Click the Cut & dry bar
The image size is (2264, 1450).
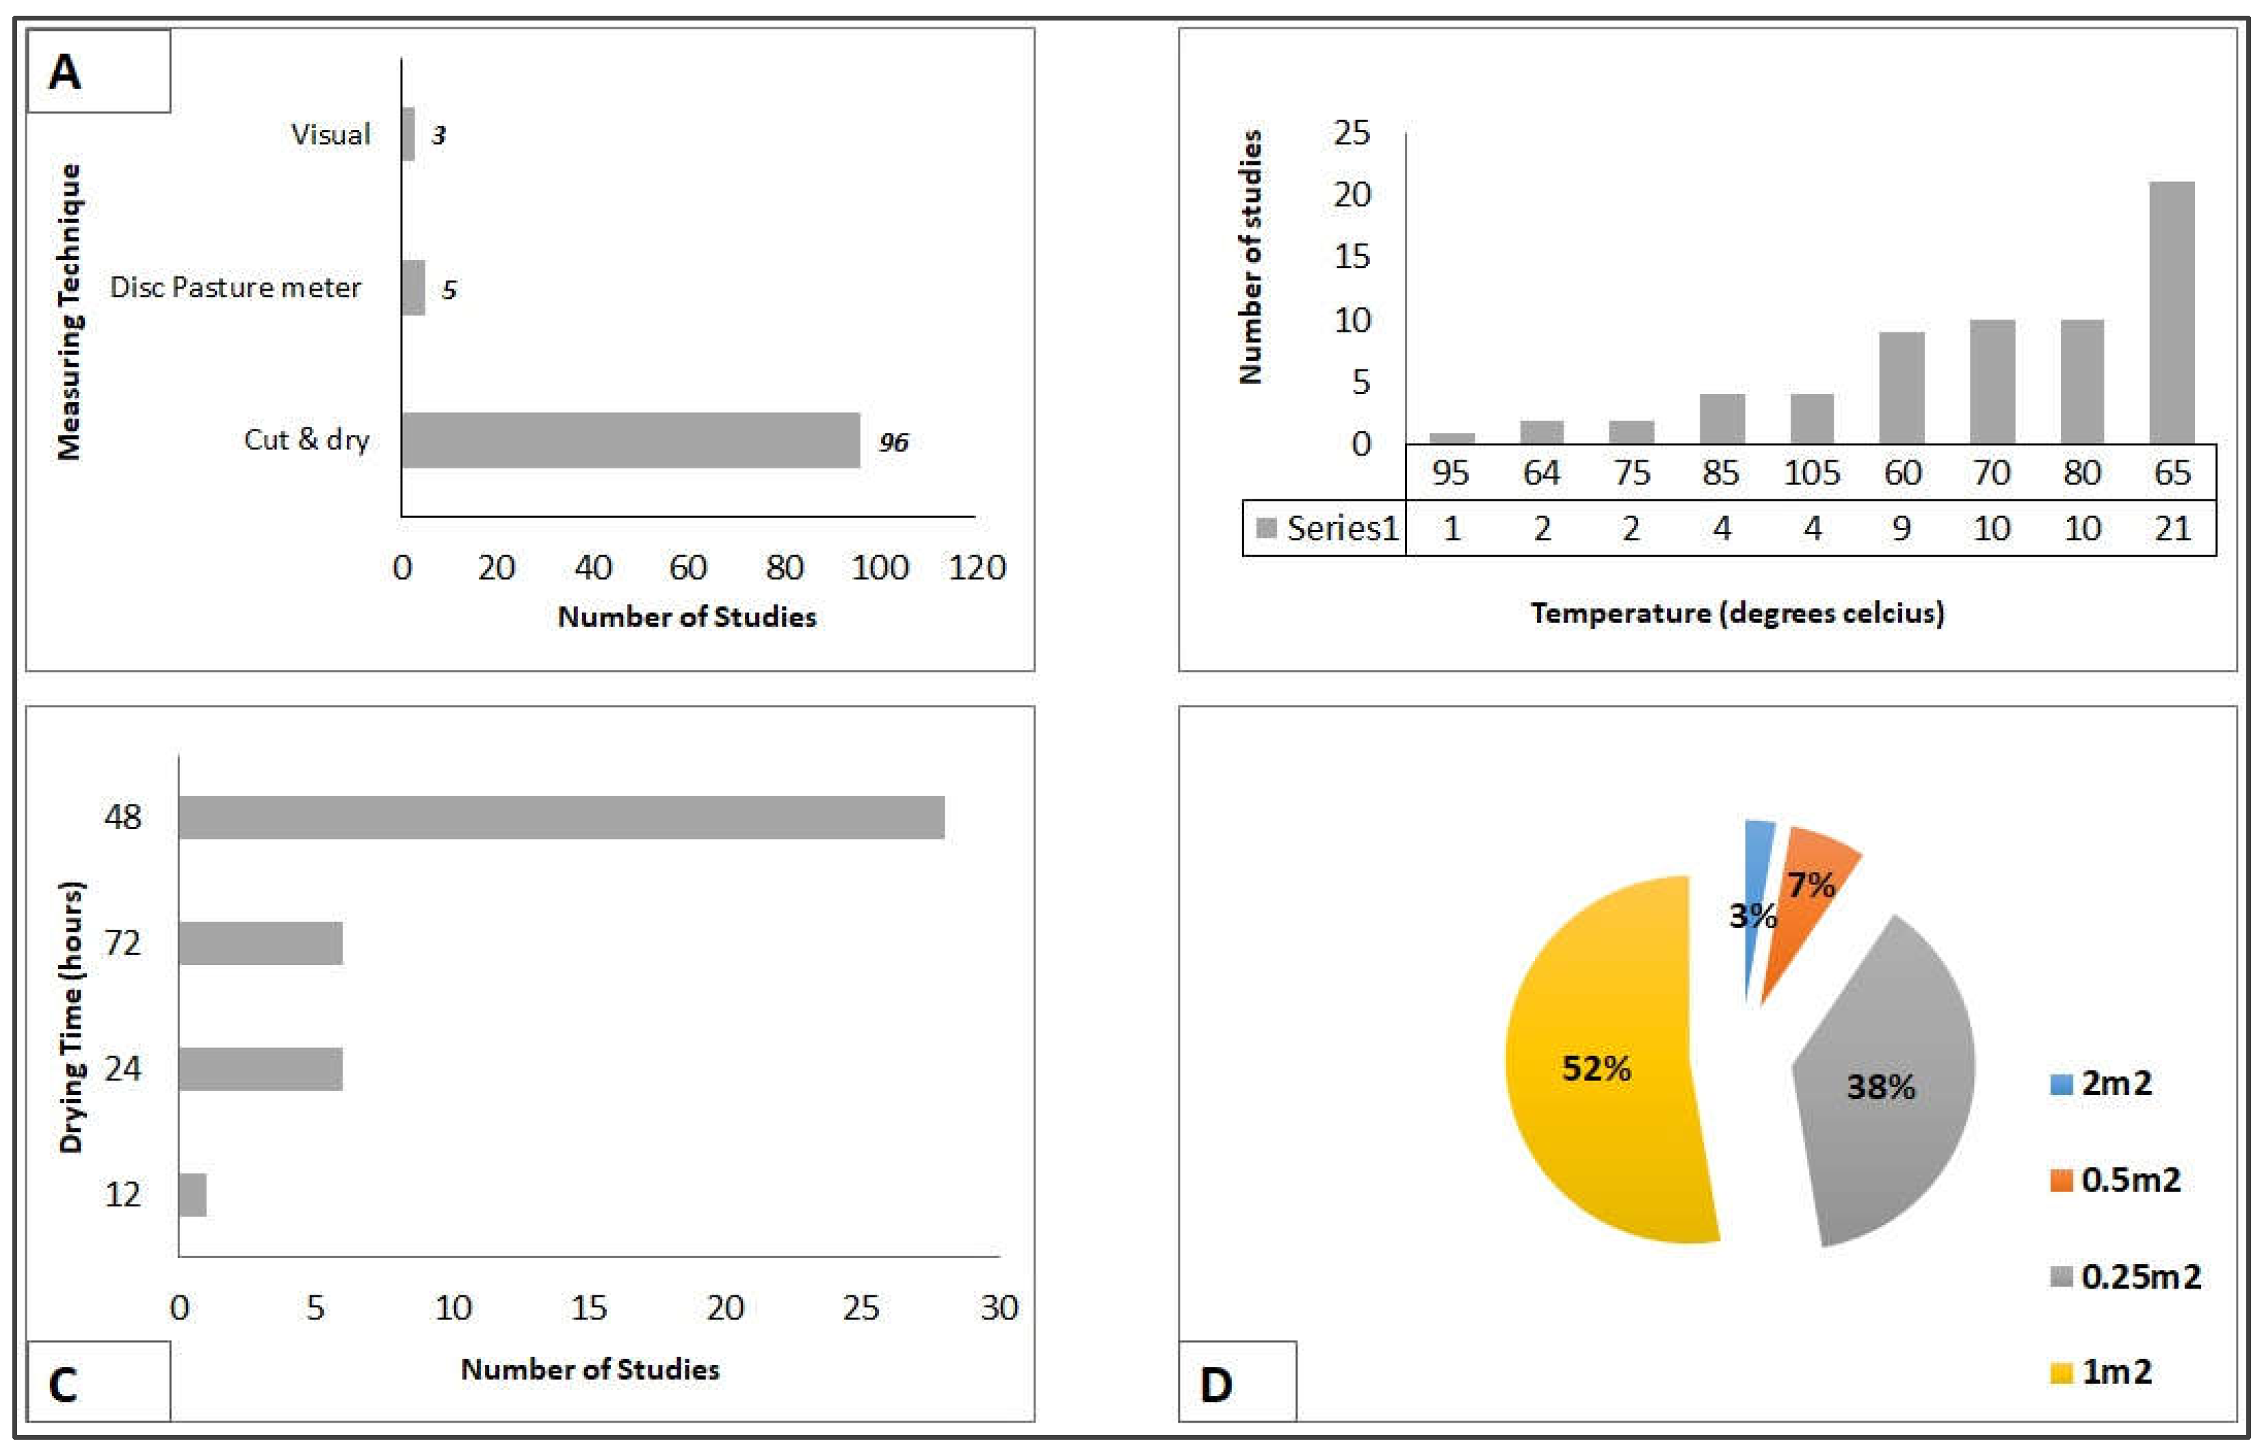(630, 440)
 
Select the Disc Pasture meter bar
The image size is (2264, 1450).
(412, 287)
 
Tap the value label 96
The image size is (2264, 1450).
(893, 442)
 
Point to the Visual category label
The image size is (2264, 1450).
(330, 135)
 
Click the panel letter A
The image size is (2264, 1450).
(64, 72)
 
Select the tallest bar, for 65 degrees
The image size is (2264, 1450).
(2171, 313)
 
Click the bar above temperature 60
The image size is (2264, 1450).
(1901, 387)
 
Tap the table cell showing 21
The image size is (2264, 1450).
(2172, 528)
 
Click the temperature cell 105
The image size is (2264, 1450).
(1811, 472)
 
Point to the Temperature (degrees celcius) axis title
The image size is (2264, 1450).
(1737, 613)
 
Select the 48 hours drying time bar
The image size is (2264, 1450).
(561, 817)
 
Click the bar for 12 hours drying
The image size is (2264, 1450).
(192, 1194)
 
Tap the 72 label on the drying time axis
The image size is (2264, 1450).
(122, 942)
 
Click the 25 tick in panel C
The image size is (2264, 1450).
(860, 1308)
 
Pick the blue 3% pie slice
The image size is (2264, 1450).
(1756, 895)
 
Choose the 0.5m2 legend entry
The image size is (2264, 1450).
(2118, 1180)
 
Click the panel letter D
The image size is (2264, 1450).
(1216, 1384)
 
